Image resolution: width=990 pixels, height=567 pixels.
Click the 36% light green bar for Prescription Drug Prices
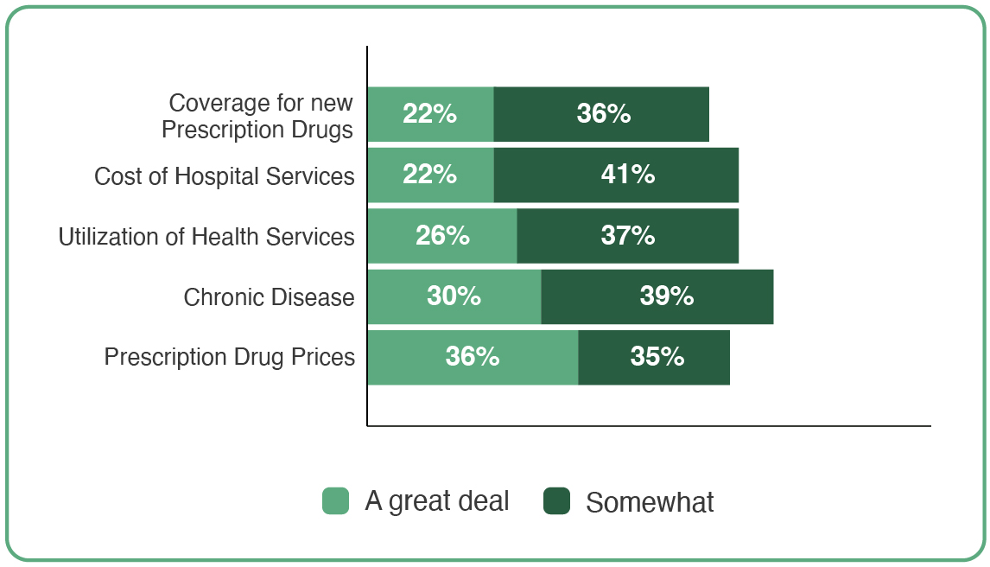473,357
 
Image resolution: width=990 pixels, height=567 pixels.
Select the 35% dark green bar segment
654,357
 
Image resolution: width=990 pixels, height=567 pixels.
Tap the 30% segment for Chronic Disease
454,296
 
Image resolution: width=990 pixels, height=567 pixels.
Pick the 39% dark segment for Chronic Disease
657,296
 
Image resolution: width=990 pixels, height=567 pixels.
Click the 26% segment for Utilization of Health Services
442,236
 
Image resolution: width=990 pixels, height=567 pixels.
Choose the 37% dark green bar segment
628,236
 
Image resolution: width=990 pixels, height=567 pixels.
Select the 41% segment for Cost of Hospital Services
616,175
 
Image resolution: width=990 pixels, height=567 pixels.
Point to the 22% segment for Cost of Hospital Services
430,175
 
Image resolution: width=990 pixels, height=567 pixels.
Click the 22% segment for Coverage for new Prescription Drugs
430,114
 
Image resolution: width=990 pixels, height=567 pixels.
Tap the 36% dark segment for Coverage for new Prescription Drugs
601,114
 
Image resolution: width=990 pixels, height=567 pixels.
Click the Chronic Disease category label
269,297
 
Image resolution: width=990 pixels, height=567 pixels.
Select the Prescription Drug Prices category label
230,357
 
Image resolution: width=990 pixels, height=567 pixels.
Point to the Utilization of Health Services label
206,237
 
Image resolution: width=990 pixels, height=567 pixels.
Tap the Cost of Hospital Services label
225,176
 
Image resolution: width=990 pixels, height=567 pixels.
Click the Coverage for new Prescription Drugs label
258,116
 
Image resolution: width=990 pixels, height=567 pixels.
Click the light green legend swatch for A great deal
336,500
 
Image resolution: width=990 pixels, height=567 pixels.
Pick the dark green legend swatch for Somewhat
557,500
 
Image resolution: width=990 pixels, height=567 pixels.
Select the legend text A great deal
437,501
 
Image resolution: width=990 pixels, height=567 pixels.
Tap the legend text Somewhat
650,502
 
